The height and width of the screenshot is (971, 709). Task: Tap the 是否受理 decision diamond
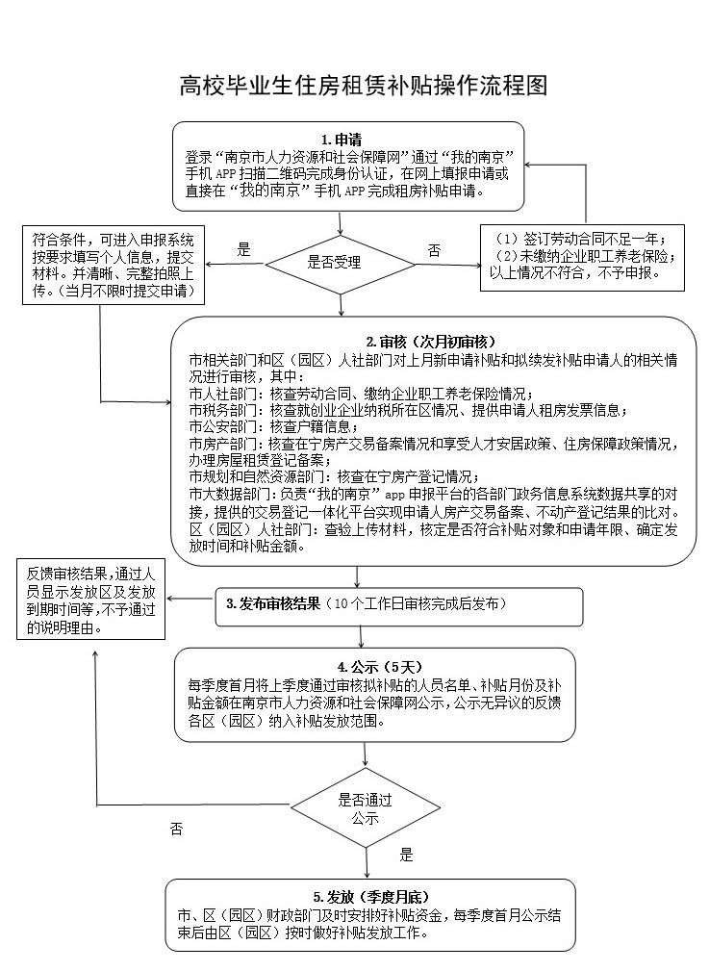pos(333,263)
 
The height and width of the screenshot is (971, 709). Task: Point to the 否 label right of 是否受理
pos(434,250)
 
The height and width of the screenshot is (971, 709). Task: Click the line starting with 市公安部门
pos(275,426)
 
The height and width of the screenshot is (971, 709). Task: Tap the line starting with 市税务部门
pos(409,410)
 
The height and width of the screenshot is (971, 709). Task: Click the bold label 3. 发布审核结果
pos(272,604)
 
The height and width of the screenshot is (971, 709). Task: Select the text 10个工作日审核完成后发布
pos(416,604)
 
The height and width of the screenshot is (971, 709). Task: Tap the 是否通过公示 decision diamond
pos(358,807)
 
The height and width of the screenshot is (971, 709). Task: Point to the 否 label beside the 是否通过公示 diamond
pos(176,829)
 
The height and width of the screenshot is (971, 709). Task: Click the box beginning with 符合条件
pos(114,266)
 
